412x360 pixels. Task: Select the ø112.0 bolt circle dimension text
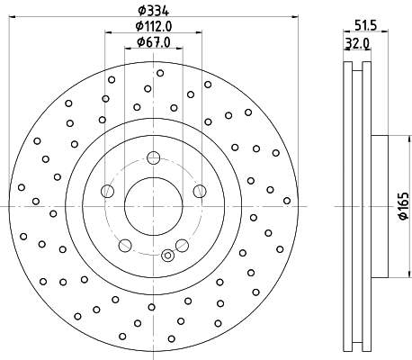pyautogui.click(x=153, y=27)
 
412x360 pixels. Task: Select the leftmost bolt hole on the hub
pyautogui.click(x=108, y=190)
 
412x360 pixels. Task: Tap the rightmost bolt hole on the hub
pyautogui.click(x=198, y=190)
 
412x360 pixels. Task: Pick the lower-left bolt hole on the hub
pyautogui.click(x=124, y=243)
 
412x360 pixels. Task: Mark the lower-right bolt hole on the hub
pyautogui.click(x=180, y=243)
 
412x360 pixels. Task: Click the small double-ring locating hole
pyautogui.click(x=166, y=256)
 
